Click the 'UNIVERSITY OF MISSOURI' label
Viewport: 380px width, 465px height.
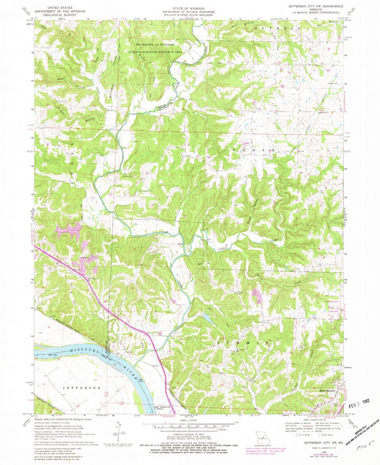point(155,45)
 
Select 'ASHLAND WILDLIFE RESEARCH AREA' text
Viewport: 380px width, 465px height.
point(155,52)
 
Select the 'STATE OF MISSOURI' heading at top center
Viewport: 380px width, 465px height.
point(188,8)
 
